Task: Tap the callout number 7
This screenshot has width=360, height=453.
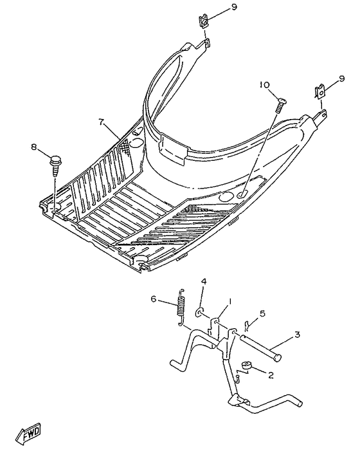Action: coord(101,122)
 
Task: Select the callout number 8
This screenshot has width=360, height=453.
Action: coord(35,147)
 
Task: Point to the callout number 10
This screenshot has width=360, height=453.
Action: coord(264,85)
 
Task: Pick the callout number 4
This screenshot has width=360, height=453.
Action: coord(203,281)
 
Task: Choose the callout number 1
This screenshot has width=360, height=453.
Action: coord(230,301)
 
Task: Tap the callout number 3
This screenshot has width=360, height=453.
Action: coord(297,335)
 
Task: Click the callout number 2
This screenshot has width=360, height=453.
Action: coord(271,374)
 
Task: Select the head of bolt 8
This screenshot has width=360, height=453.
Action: coord(55,158)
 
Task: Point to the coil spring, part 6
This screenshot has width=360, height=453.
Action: coord(181,305)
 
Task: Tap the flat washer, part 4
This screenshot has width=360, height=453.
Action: coord(200,313)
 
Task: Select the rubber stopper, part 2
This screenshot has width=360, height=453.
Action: coord(246,367)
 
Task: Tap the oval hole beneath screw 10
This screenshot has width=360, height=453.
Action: coord(242,194)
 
